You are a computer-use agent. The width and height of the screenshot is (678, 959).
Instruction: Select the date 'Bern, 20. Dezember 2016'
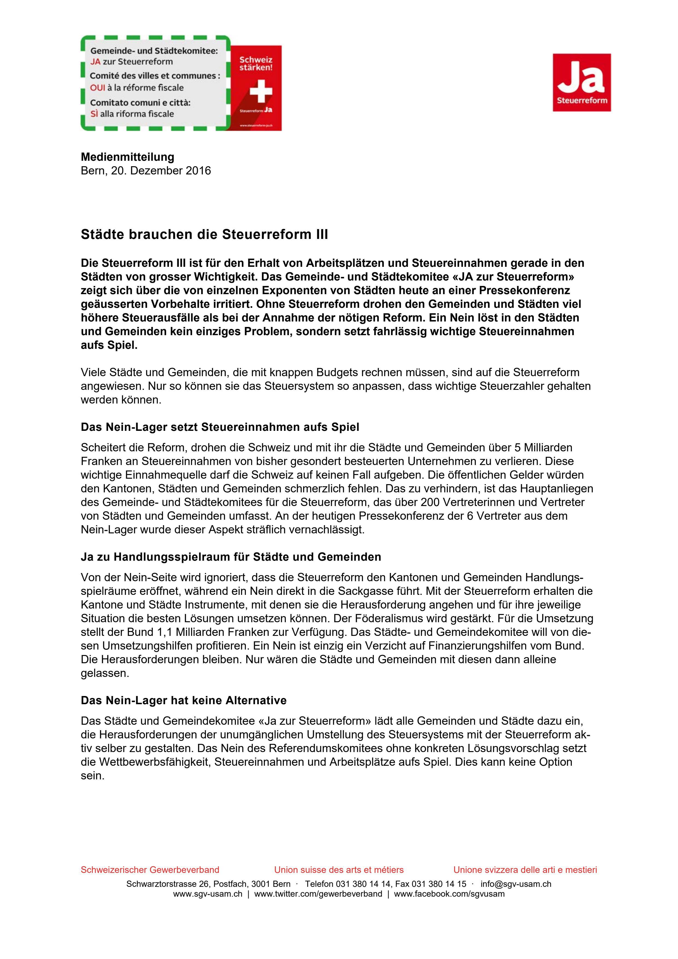pyautogui.click(x=146, y=171)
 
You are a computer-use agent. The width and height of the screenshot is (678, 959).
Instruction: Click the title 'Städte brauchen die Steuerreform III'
pyautogui.click(x=204, y=235)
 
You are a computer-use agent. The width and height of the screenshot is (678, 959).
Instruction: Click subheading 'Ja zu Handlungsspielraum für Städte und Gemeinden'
pyautogui.click(x=231, y=557)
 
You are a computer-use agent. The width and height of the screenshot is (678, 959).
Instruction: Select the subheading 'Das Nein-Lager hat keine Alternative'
pyautogui.click(x=184, y=700)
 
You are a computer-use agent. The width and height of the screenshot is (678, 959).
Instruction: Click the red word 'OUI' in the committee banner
pyautogui.click(x=97, y=88)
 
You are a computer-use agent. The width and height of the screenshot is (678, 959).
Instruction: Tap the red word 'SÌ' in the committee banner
pyautogui.click(x=94, y=114)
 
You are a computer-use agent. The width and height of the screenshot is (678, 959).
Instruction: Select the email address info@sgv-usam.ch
pyautogui.click(x=516, y=884)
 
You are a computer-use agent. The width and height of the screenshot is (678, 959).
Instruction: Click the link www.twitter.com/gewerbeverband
pyautogui.click(x=318, y=894)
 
